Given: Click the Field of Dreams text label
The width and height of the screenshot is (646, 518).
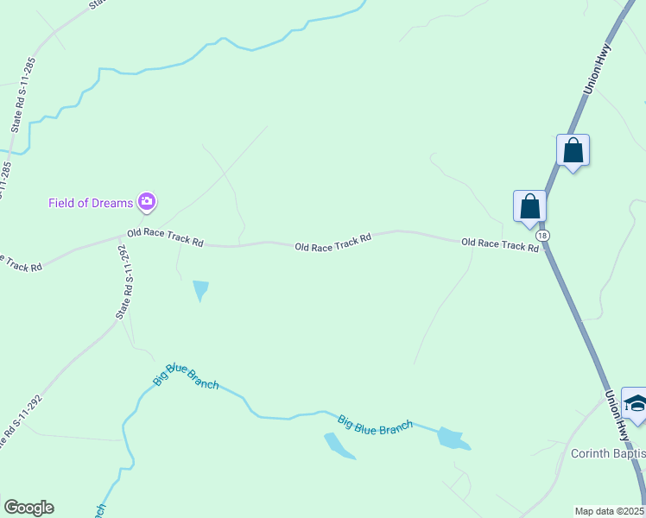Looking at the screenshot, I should point(91,203).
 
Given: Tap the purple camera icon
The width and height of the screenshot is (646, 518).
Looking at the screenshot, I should point(147,203).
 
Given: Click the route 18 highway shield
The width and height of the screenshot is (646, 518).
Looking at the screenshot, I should point(541,235).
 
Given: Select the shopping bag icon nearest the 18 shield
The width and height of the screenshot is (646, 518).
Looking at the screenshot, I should point(529,207).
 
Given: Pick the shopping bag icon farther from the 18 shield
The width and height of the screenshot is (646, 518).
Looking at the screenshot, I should point(573,151).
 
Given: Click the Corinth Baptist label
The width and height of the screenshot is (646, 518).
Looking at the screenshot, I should point(608,453).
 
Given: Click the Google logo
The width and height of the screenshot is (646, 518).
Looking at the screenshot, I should point(28,508).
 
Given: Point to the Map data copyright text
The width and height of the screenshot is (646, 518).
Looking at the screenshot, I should point(610,511).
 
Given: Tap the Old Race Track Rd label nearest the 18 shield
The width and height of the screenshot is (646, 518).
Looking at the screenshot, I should point(500,245).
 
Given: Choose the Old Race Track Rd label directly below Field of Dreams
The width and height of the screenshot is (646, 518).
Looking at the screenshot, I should point(165,238).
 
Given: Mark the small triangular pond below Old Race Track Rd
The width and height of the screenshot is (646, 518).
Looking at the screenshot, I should point(201,289).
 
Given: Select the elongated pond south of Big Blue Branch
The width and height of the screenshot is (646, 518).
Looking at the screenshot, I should point(339,445).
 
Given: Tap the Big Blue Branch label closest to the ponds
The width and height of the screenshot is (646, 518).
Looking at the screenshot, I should point(375,425).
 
